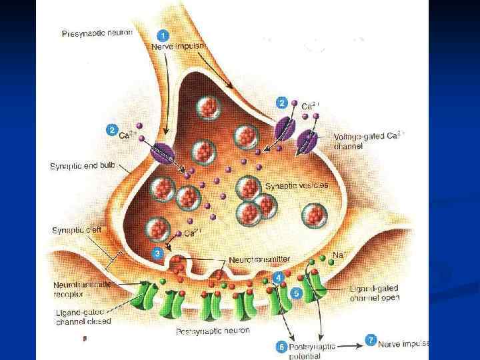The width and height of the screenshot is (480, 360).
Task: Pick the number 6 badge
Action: [281, 347]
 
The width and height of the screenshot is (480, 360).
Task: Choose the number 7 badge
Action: [370, 340]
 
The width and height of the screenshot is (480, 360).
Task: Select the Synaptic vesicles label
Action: [297, 186]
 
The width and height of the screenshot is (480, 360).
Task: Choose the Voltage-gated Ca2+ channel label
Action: [369, 140]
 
